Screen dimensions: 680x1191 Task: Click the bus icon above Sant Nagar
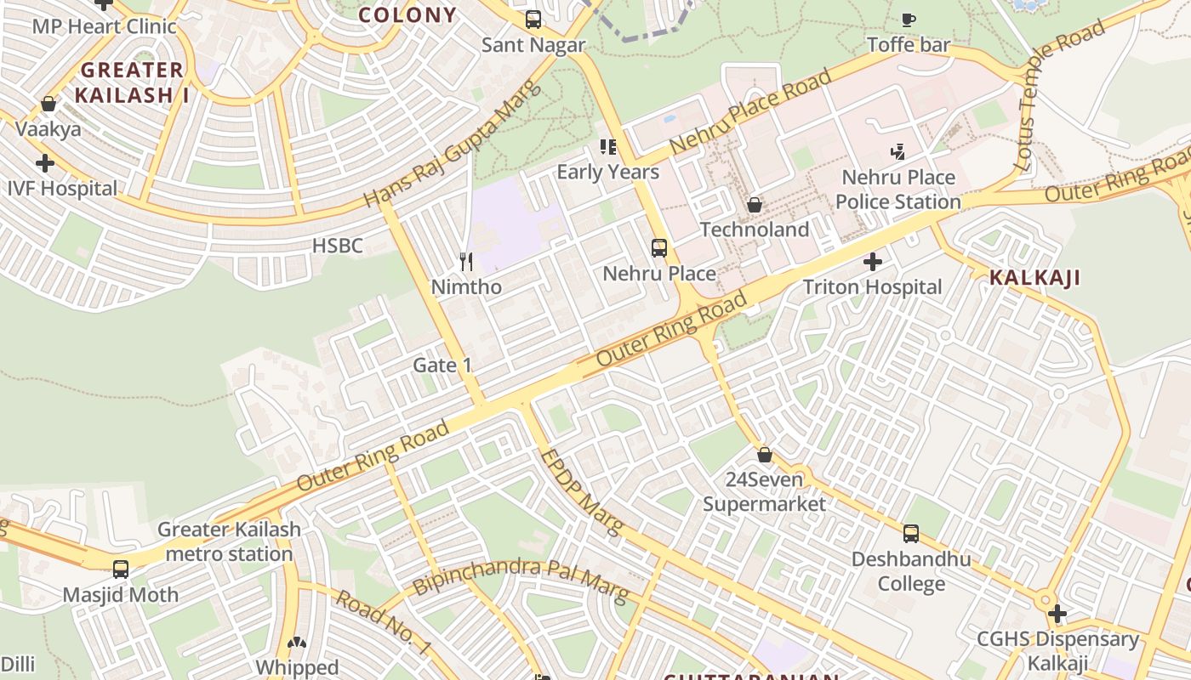click(533, 19)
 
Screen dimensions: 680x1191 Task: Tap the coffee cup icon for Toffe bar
click(908, 20)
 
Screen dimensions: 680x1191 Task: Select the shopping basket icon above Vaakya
click(48, 104)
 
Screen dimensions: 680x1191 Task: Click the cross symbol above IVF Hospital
click(45, 162)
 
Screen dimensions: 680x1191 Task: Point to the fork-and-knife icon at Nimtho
click(465, 261)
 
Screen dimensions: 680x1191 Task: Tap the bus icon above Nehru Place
click(659, 248)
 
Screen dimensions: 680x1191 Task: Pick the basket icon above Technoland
click(754, 205)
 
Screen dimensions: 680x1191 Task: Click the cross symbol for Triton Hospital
click(873, 262)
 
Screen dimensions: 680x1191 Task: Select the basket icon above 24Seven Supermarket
click(765, 455)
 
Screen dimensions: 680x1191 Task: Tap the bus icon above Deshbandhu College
click(911, 534)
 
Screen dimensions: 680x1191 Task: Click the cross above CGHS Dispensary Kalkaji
click(1057, 613)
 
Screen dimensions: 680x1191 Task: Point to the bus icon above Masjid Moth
click(121, 569)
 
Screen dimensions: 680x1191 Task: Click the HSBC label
click(338, 246)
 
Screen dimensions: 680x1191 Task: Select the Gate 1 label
click(442, 365)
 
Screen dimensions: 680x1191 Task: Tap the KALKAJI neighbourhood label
click(1034, 277)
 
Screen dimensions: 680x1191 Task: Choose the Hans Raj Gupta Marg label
click(453, 143)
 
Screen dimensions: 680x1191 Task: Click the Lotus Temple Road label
click(1059, 93)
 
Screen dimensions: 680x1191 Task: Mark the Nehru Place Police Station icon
click(898, 152)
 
